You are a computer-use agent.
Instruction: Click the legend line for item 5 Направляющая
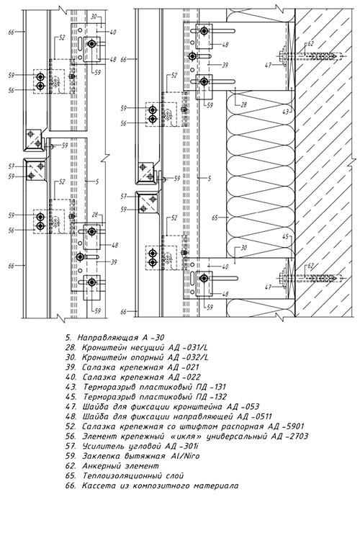[x=115, y=338]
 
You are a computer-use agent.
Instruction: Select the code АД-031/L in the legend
[x=189, y=347]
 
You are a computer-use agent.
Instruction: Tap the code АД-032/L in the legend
[x=189, y=357]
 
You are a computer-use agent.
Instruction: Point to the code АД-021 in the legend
[x=184, y=367]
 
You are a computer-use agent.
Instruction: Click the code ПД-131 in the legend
[x=211, y=387]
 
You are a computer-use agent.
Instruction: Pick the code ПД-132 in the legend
[x=212, y=397]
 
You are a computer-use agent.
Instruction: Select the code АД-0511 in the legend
[x=254, y=416]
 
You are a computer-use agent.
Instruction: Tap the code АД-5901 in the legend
[x=285, y=426]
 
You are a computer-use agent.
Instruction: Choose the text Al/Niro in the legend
[x=186, y=455]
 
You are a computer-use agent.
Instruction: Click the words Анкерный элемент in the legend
[x=120, y=465]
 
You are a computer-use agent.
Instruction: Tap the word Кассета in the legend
[x=97, y=485]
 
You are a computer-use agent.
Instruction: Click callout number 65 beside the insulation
[x=215, y=218]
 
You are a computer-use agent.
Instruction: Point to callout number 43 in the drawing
[x=286, y=112]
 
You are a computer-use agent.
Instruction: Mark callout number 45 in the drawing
[x=286, y=237]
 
